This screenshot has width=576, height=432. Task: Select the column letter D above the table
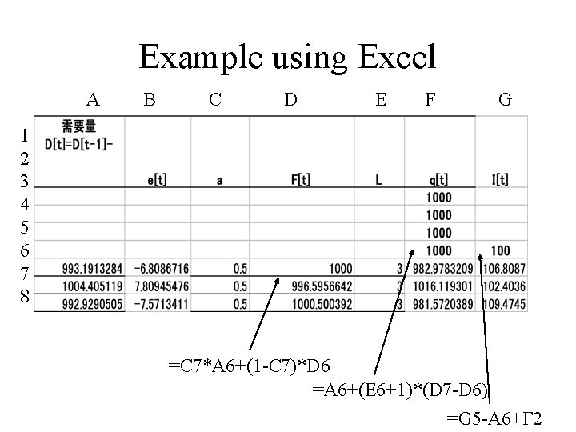point(291,100)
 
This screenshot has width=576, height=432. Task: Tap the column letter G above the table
point(505,100)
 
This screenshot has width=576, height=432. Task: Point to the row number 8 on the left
point(26,297)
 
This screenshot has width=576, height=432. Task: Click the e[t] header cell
point(157,180)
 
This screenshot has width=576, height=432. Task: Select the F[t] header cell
point(301,180)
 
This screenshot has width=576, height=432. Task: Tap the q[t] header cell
point(439,180)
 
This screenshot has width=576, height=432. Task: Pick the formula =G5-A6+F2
point(494,418)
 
